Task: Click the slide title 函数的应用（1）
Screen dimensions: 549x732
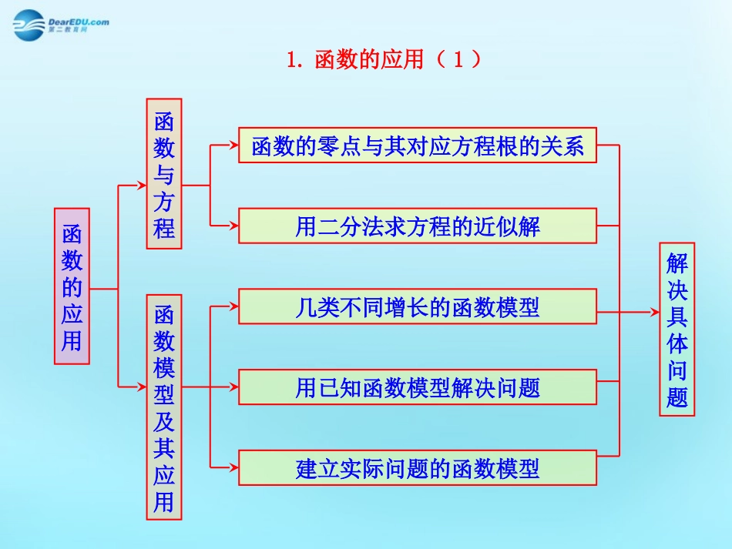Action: (383, 59)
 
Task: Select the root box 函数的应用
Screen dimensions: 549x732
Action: (72, 286)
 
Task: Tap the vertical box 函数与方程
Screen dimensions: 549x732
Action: (164, 173)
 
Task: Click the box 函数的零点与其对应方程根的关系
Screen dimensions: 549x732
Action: (417, 145)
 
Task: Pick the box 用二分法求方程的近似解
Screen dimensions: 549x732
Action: (417, 226)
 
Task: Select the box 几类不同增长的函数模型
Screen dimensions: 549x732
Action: (417, 307)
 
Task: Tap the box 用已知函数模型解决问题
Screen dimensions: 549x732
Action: (417, 387)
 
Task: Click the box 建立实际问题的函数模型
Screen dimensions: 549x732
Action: (417, 467)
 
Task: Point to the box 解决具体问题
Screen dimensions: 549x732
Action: (677, 329)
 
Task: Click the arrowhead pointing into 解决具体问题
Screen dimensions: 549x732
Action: (655, 312)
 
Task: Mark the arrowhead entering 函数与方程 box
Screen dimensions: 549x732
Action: (142, 186)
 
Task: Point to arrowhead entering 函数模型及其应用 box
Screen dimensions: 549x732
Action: (142, 387)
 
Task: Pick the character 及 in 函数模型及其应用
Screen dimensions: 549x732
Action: (164, 421)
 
